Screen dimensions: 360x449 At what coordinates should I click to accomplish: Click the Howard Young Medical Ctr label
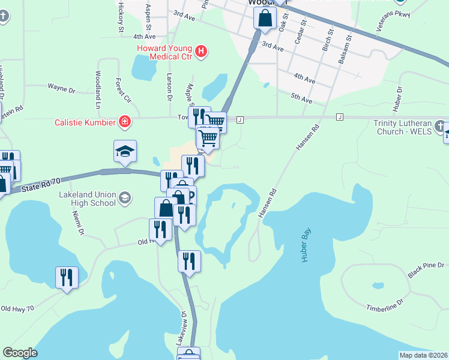coord(164,52)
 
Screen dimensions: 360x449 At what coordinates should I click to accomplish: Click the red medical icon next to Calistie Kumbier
coord(124,122)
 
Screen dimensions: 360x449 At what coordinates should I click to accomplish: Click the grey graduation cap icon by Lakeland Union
coord(125,198)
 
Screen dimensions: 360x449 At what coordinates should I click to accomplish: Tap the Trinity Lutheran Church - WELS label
coord(402,127)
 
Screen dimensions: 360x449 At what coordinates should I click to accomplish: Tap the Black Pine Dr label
coord(426,269)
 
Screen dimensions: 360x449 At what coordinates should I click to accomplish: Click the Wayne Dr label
coord(62,89)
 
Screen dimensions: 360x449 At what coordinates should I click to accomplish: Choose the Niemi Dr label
coord(77,223)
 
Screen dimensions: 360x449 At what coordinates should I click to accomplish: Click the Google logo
coord(20,353)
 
